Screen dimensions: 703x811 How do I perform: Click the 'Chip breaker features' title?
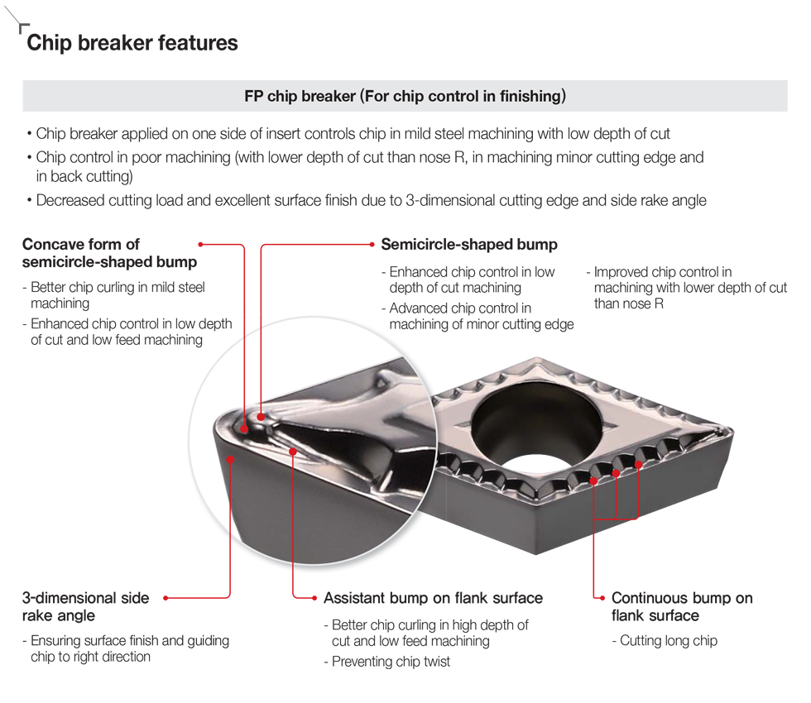coord(132,43)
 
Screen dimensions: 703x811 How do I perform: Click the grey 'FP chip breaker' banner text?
coord(405,96)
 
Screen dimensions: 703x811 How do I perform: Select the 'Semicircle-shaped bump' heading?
coord(468,245)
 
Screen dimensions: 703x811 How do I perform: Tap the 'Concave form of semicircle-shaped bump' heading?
coord(109,253)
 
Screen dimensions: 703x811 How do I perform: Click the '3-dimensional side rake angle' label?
coord(85,606)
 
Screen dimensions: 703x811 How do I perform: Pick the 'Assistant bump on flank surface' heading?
coord(433,598)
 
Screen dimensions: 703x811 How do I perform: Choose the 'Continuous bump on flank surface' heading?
coord(681,606)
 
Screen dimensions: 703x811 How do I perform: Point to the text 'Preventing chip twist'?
coord(391,662)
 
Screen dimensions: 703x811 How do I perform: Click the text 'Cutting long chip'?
coord(668,641)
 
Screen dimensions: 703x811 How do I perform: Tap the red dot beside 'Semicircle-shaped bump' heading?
coord(371,245)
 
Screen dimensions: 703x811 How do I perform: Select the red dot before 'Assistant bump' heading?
coord(314,597)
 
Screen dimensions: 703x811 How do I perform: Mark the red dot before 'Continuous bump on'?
coord(601,597)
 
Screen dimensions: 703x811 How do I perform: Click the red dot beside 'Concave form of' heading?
coord(201,244)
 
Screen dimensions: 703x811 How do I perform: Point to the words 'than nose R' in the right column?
coord(628,304)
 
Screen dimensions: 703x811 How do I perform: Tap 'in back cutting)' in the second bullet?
coord(84,176)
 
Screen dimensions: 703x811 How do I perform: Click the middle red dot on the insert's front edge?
coord(617,473)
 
